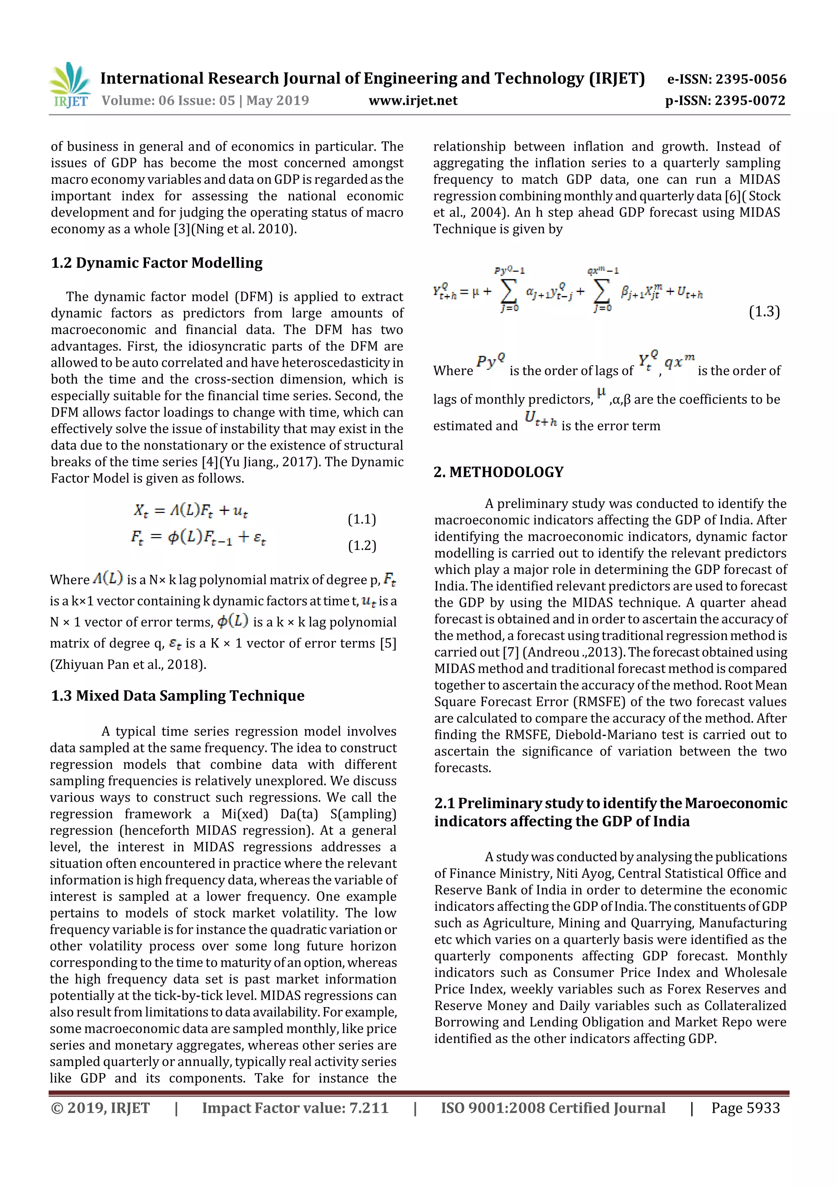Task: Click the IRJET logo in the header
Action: (69, 86)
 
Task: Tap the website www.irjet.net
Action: (412, 100)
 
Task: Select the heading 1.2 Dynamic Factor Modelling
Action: (156, 263)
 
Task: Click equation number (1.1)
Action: (361, 519)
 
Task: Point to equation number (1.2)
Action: (361, 545)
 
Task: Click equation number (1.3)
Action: (764, 312)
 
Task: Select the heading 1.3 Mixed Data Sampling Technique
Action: (177, 696)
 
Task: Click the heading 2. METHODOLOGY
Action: (498, 472)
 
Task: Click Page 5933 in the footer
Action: (745, 1108)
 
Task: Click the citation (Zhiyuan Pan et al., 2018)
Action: (128, 664)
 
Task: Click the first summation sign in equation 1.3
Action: (509, 292)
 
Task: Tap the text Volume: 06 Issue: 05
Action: (168, 100)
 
